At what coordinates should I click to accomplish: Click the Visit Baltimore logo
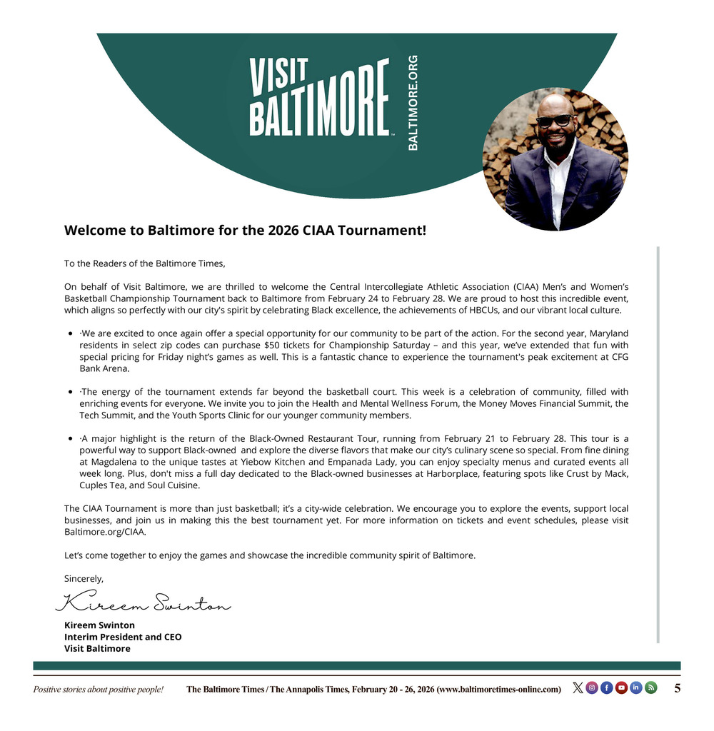click(x=318, y=98)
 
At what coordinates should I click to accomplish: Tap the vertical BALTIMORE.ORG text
click(x=413, y=103)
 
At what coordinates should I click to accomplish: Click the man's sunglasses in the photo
click(x=554, y=120)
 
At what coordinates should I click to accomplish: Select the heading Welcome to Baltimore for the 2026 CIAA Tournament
click(x=246, y=231)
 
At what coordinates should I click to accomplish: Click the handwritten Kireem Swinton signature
click(x=144, y=603)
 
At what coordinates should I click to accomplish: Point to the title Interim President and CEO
click(x=123, y=637)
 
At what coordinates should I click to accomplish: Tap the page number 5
click(x=677, y=688)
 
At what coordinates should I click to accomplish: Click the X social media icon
click(x=578, y=688)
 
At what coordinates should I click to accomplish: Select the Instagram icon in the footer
click(x=592, y=688)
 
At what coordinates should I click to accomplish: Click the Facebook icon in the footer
click(x=607, y=688)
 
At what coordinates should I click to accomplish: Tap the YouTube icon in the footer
click(x=621, y=688)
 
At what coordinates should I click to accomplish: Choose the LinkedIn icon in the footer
click(x=636, y=688)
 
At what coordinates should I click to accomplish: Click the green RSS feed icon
click(x=650, y=688)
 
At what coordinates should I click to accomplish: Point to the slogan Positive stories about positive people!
click(x=99, y=690)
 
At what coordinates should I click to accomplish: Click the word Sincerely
click(x=84, y=578)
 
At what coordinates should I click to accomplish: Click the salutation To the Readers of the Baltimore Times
click(x=144, y=263)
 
